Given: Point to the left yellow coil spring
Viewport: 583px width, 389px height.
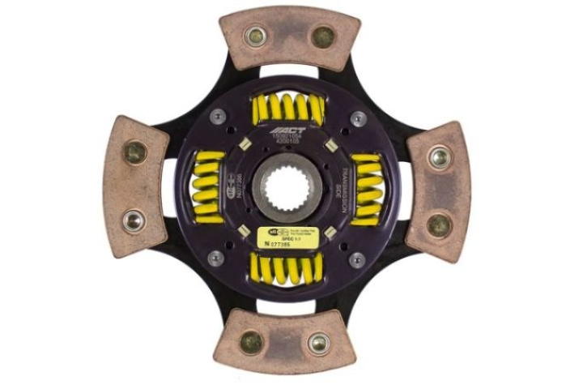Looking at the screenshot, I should pos(207,188).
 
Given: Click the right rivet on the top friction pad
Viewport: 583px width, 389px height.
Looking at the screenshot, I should pos(322,36).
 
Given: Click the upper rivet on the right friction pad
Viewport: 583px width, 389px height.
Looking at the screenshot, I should pos(440,156).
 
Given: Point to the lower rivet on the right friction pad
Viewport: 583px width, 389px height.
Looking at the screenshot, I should pos(439,223).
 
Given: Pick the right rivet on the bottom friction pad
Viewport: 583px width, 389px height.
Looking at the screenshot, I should pos(318,343).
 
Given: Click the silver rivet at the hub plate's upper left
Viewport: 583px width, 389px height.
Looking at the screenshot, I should pos(215,117).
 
